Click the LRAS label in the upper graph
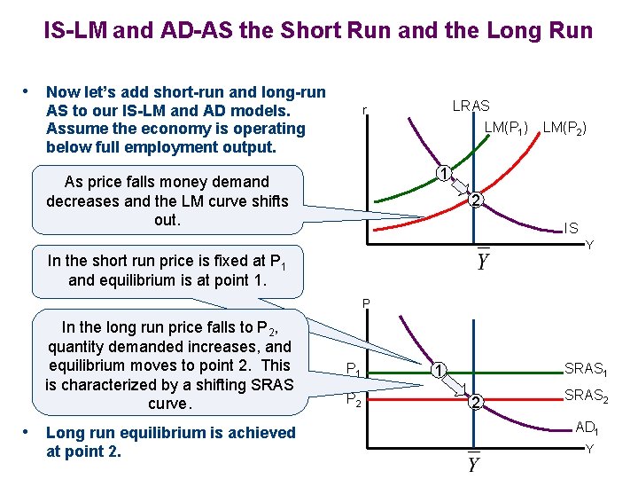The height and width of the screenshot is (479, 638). pyautogui.click(x=471, y=106)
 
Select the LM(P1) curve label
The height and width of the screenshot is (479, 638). pyautogui.click(x=506, y=128)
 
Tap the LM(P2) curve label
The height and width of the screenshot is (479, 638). pyautogui.click(x=564, y=128)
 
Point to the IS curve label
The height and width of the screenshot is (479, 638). pyautogui.click(x=572, y=228)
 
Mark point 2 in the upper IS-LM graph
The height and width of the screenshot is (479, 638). pyautogui.click(x=475, y=200)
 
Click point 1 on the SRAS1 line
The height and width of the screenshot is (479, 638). pyautogui.click(x=439, y=369)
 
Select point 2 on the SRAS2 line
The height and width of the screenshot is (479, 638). pyautogui.click(x=475, y=404)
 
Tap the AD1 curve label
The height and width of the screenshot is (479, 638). pyautogui.click(x=586, y=428)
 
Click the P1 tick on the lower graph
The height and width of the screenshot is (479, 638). pyautogui.click(x=353, y=369)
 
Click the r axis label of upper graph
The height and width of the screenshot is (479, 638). pyautogui.click(x=363, y=111)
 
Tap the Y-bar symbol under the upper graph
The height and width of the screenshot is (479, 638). pyautogui.click(x=483, y=260)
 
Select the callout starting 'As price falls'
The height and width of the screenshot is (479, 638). pyautogui.click(x=167, y=200)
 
